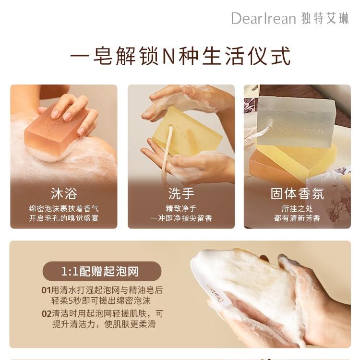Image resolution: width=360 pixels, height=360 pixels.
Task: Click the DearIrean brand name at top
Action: pos(263,18)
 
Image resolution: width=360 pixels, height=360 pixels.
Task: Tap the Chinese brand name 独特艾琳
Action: pos(325,18)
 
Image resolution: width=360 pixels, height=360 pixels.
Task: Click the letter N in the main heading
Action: pos(168,56)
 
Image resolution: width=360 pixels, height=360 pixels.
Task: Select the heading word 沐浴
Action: pos(64,193)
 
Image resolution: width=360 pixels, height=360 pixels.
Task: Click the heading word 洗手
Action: pos(181,193)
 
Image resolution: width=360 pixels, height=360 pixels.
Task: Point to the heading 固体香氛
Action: pos(297,193)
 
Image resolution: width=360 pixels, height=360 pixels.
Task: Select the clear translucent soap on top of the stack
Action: pos(296,122)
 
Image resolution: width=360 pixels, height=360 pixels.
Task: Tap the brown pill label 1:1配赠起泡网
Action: pos(102,271)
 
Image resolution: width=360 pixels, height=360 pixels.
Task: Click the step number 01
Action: pos(46,290)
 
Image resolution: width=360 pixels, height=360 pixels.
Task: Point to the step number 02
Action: pos(47,314)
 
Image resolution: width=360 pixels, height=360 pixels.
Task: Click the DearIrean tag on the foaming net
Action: pos(216,294)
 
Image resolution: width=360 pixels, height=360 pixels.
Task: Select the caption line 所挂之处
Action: pos(297,209)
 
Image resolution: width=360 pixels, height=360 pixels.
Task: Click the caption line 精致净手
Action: pos(181,209)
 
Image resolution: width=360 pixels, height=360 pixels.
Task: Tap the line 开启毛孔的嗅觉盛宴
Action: pos(63,218)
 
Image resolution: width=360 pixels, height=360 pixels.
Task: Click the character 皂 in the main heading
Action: pos(103,56)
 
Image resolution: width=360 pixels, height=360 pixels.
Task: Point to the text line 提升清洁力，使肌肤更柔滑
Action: pos(104,324)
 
